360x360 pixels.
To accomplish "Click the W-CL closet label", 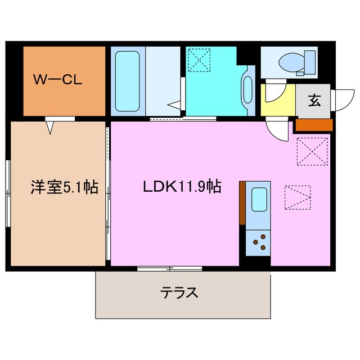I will coord(57,80).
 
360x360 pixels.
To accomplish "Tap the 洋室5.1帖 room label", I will coord(64,187).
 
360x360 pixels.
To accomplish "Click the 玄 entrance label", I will coord(314,101).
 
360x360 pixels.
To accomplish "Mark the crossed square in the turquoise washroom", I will coord(197,61).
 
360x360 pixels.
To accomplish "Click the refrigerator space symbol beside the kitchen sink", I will coord(297,196).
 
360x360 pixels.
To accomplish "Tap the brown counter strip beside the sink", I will coord(242,203).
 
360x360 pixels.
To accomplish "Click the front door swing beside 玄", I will coord(341,100).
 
